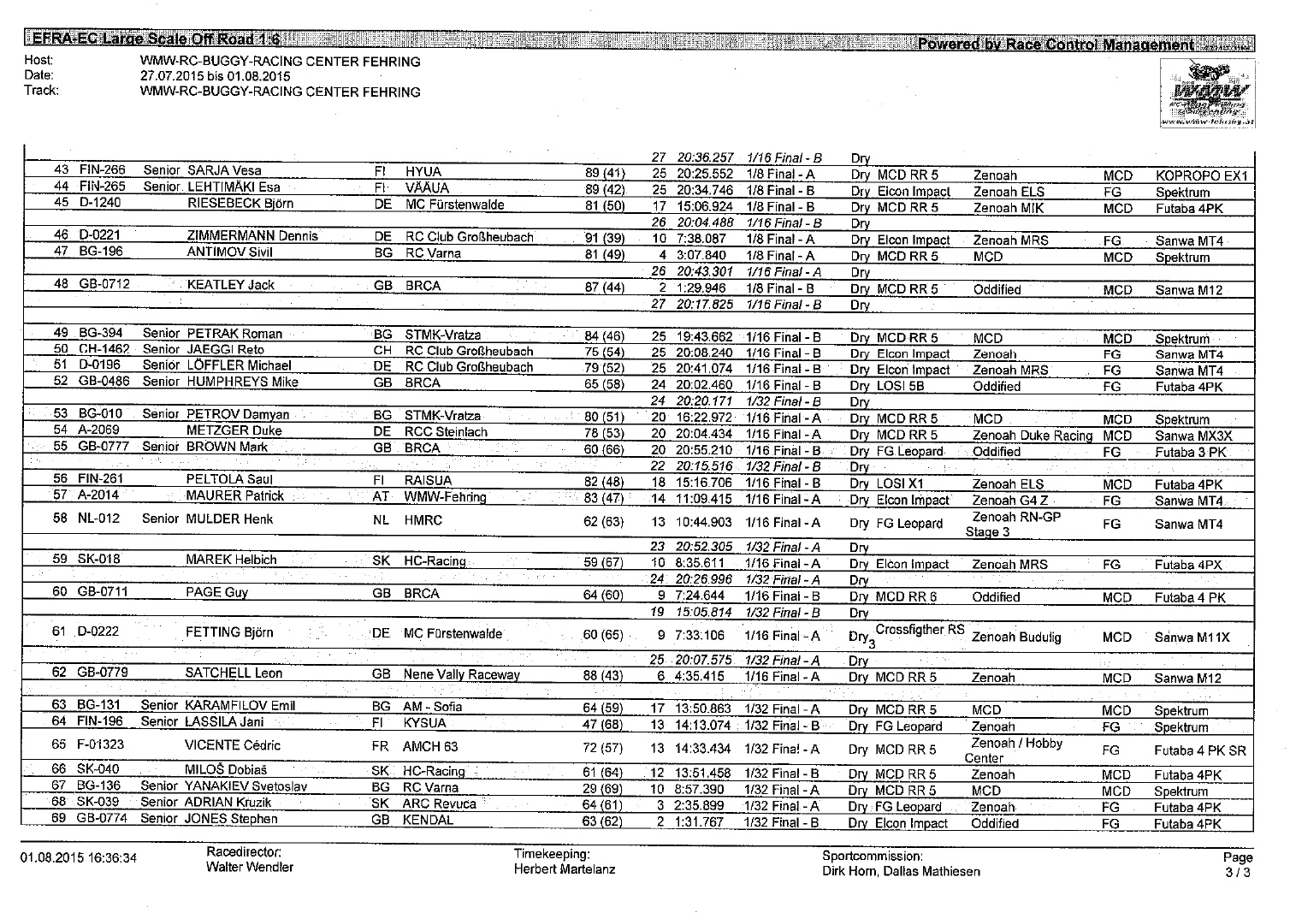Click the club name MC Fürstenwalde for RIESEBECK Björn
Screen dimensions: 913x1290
click(x=454, y=205)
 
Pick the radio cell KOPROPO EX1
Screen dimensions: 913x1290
click(x=1201, y=176)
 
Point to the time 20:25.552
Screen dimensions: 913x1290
click(x=704, y=175)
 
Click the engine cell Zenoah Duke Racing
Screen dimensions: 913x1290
click(x=1033, y=436)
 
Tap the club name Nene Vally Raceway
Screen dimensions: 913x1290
click(x=462, y=675)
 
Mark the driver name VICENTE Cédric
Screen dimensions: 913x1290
click(x=233, y=745)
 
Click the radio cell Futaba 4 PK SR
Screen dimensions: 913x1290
click(x=1200, y=751)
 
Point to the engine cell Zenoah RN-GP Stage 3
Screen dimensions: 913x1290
click(x=1015, y=525)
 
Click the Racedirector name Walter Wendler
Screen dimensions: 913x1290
click(x=250, y=868)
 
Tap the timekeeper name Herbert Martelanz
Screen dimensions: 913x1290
click(x=564, y=870)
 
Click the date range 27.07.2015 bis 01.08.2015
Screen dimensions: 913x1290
click(x=216, y=76)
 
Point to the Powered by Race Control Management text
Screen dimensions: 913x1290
click(x=1055, y=44)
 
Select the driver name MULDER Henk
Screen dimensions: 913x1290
click(x=230, y=519)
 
